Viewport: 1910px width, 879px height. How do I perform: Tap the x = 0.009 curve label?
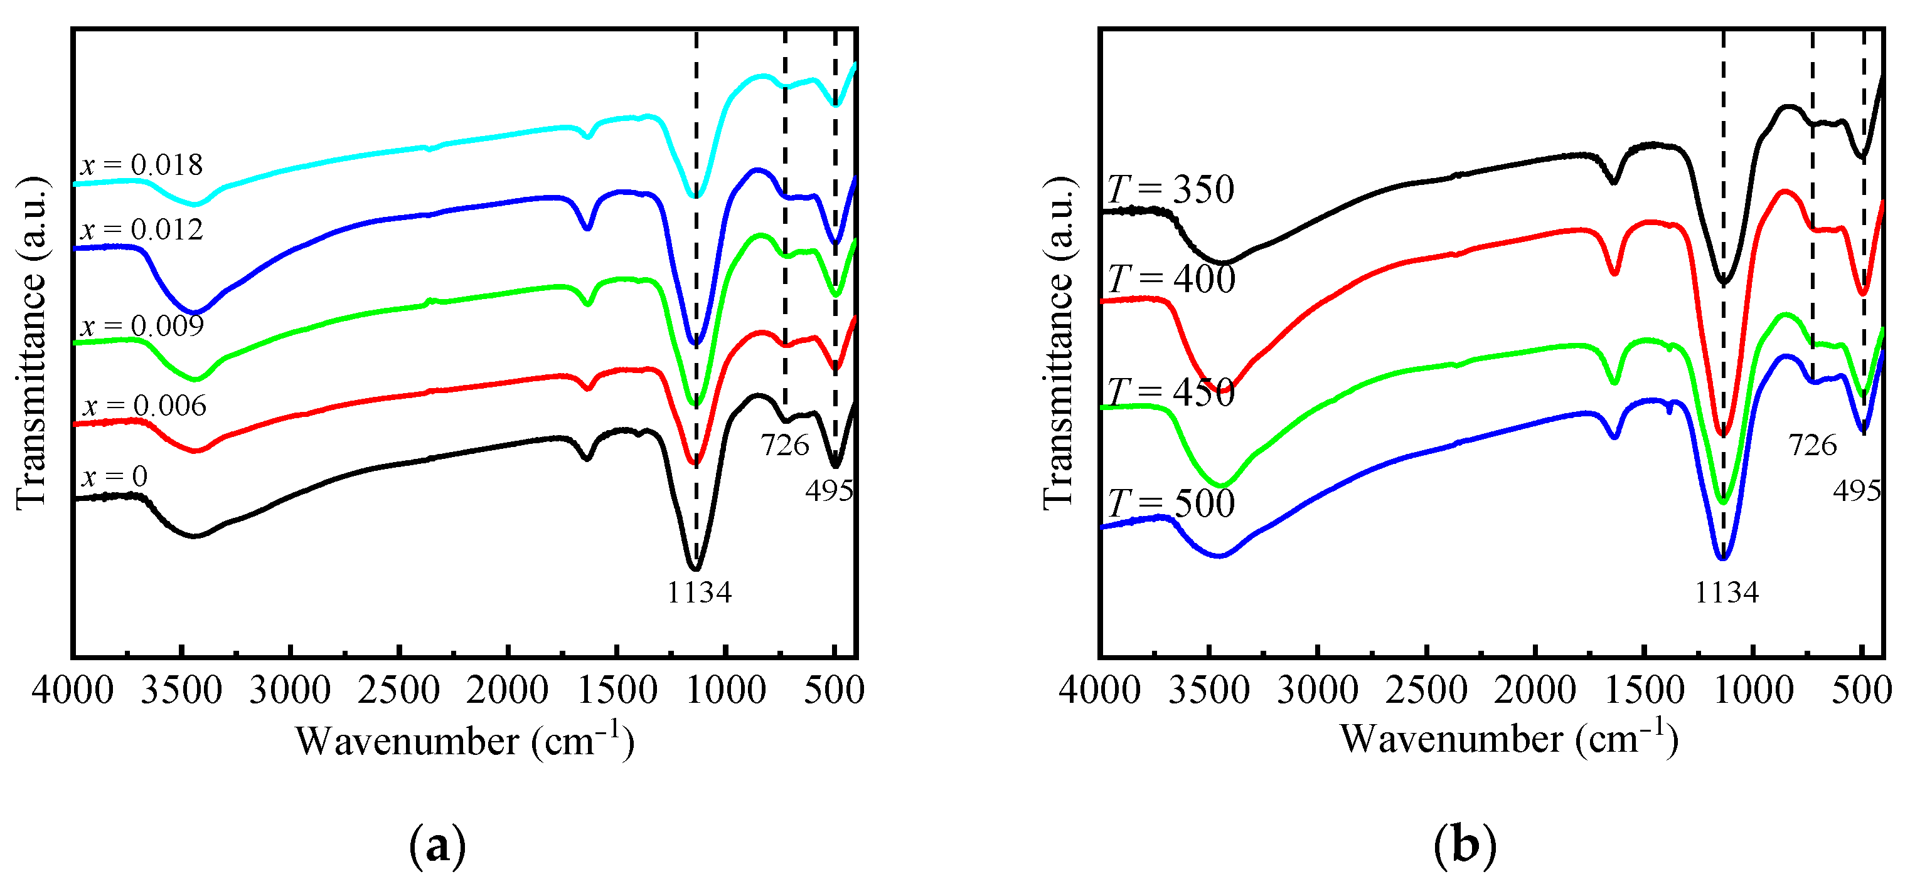click(x=142, y=325)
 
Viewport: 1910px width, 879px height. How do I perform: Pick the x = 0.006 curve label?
click(x=144, y=406)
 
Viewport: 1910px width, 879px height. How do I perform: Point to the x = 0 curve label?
click(x=114, y=476)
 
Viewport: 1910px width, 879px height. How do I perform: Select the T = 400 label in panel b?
click(x=1171, y=280)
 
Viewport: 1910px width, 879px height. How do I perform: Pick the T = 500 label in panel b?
click(x=1171, y=504)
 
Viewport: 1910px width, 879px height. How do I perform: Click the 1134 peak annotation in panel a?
click(x=699, y=592)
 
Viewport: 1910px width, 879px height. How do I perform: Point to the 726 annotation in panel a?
click(x=784, y=445)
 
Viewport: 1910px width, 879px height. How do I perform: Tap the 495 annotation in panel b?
click(x=1857, y=491)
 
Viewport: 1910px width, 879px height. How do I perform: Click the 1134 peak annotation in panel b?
click(x=1727, y=592)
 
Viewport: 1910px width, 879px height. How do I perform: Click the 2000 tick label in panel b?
click(x=1535, y=691)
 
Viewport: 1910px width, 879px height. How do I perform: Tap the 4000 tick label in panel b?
click(x=1099, y=691)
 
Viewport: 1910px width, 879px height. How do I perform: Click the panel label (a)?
click(x=437, y=845)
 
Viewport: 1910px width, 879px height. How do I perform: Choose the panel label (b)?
click(x=1465, y=845)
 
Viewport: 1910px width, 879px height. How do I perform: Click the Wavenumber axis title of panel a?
click(x=465, y=740)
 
